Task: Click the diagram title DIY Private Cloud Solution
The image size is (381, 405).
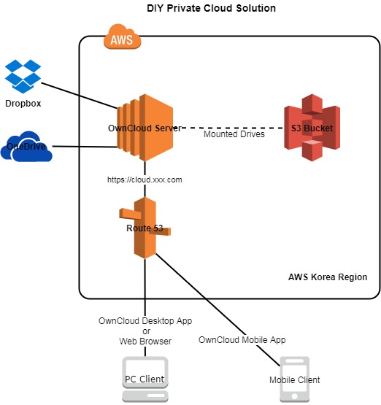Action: pos(211,8)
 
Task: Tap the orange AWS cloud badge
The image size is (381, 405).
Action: pos(122,36)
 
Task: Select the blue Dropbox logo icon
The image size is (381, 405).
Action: pos(23,76)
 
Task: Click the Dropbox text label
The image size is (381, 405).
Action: pos(23,104)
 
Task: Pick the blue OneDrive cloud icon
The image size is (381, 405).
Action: pos(26,146)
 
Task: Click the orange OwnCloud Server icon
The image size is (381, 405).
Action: pos(145,128)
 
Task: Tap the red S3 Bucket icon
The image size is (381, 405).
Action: pos(312,128)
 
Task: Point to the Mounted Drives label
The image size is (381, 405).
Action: pos(234,134)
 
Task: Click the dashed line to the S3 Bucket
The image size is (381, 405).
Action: pos(233,128)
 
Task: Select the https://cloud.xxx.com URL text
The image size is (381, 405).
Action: pos(145,180)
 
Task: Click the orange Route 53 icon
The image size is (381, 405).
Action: pos(145,228)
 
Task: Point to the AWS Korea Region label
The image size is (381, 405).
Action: pos(328,277)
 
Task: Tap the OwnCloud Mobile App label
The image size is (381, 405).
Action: pos(242,339)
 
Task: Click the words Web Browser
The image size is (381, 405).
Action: pos(145,342)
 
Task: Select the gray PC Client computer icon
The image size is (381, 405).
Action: pos(145,379)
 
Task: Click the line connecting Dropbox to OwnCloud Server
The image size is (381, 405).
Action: pos(80,96)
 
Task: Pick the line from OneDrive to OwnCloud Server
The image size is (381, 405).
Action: pos(85,147)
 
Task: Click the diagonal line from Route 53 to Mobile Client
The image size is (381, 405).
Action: pos(218,309)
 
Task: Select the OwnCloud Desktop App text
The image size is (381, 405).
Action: pos(145,321)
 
